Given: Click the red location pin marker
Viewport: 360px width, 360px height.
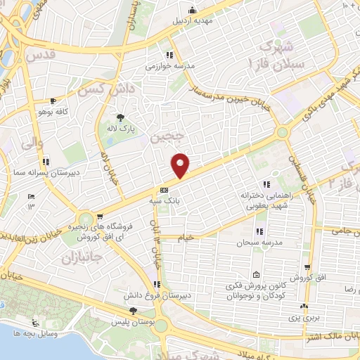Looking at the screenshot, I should pos(181,165).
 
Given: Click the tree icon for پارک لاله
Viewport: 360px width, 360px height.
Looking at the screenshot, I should pos(122,117).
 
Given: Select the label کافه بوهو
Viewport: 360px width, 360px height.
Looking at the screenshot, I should pos(53,112).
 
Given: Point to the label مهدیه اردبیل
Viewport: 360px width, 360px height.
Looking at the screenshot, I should pos(191,20).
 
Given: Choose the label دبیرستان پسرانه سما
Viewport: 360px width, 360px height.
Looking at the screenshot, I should pos(30,172).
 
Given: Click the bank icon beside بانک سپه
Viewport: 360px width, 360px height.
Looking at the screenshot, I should pos(164,190).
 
